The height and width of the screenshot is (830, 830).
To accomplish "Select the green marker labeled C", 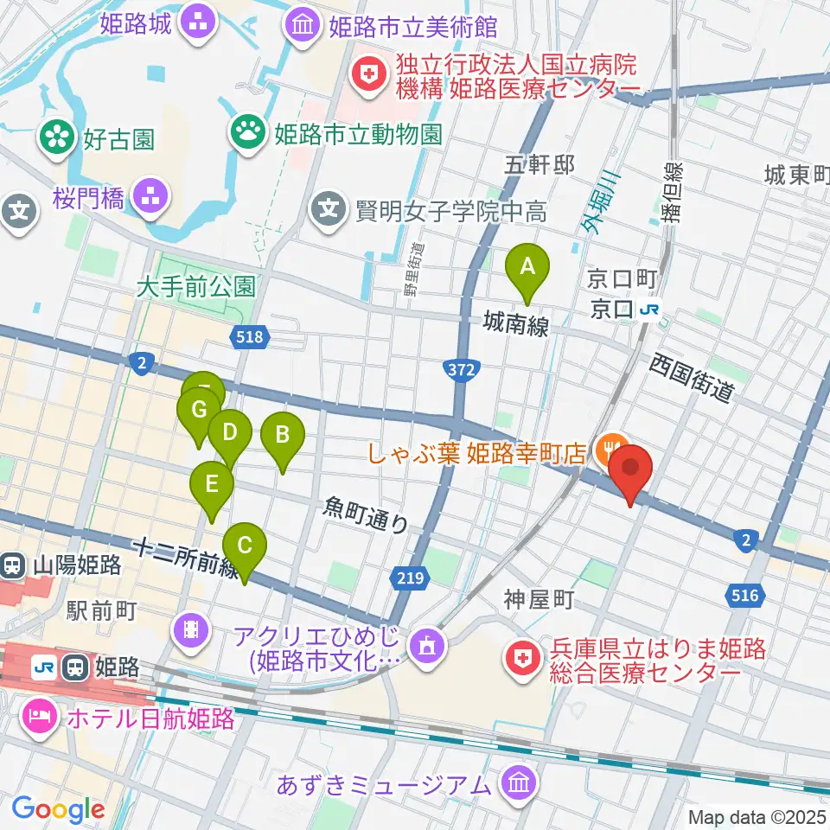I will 245,547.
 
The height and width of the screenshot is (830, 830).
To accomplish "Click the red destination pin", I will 631,470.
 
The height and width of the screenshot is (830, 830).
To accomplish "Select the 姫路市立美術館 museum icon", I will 304,23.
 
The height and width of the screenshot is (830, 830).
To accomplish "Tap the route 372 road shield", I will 460,369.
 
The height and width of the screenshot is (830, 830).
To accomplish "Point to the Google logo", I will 58,809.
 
